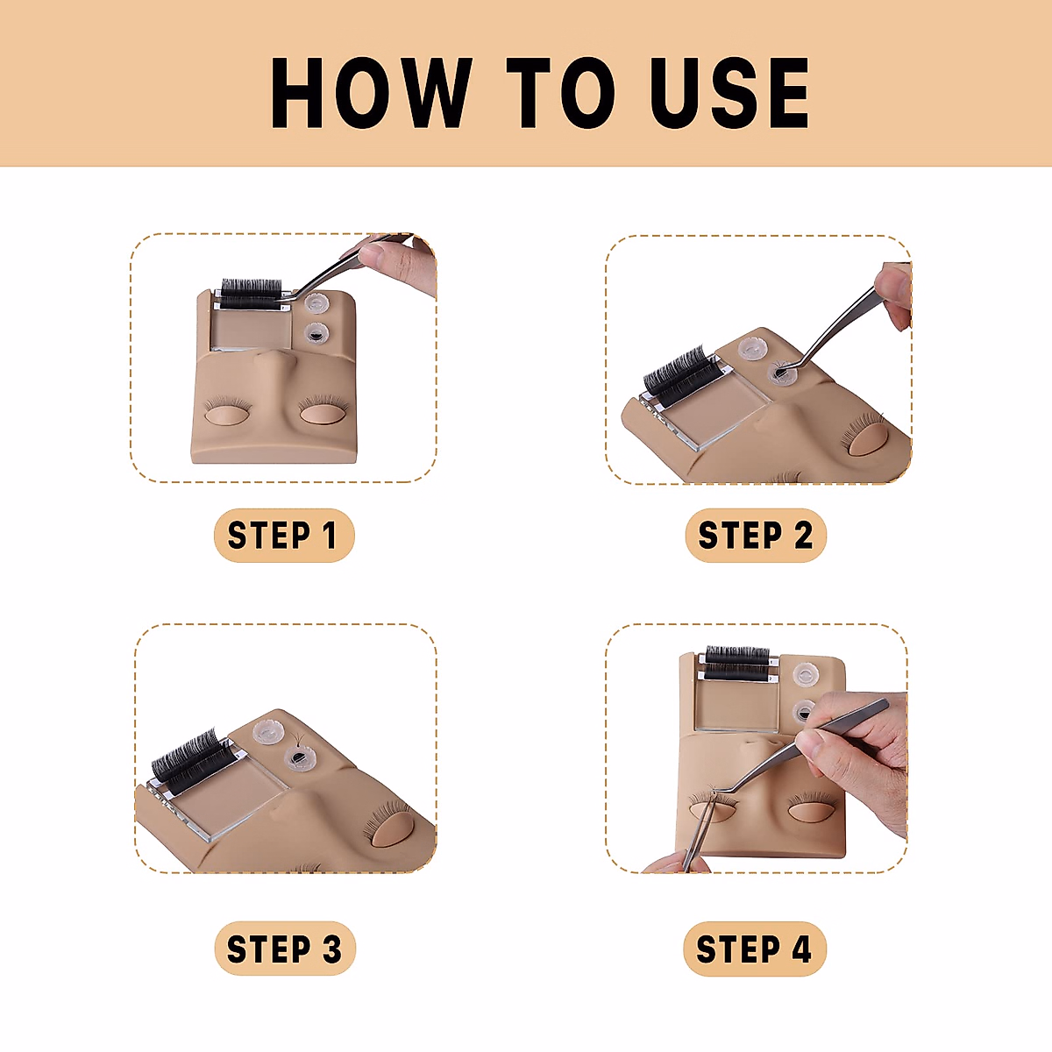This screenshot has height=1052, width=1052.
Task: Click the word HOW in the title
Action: point(372,93)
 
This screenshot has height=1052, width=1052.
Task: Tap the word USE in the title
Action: point(729,93)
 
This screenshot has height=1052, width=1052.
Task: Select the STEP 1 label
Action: point(284,535)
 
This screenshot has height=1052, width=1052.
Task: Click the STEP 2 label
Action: point(756,535)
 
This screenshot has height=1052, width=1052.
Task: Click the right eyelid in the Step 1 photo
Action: point(323,413)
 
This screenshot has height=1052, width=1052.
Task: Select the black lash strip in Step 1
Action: point(251,294)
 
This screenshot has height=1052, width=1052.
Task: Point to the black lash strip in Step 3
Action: point(187,759)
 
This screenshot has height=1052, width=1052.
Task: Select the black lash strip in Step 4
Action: point(737,663)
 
